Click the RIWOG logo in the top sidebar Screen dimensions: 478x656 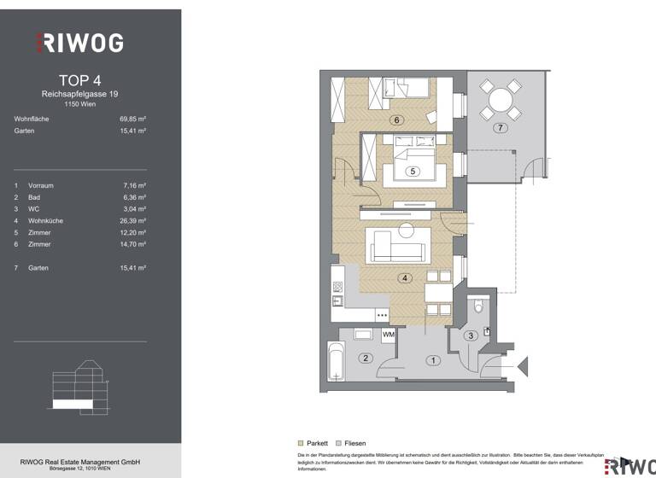coord(79,42)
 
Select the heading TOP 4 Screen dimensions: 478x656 coord(79,80)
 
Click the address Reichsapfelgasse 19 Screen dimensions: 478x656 coord(79,94)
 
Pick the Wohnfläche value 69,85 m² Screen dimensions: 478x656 coord(132,119)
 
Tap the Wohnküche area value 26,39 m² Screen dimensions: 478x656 coord(132,220)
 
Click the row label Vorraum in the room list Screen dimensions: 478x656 coord(41,184)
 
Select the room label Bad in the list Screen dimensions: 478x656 coord(34,196)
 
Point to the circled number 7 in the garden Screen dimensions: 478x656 coord(501,128)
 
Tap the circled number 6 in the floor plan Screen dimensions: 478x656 coord(396,120)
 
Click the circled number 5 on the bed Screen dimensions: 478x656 coord(413,172)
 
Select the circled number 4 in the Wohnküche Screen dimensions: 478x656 coord(405,277)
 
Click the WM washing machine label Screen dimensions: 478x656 coord(389,335)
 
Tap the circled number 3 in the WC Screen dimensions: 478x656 coord(470,336)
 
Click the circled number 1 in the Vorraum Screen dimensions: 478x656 coord(433,361)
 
